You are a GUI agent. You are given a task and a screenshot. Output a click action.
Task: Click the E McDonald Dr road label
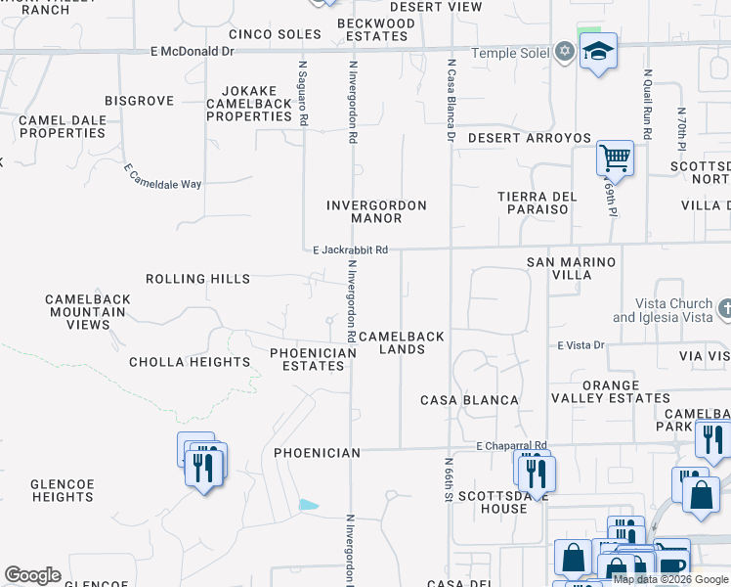tap(193, 51)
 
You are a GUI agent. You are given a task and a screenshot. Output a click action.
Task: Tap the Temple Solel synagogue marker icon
tap(565, 52)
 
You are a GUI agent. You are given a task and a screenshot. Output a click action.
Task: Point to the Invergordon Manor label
tap(376, 211)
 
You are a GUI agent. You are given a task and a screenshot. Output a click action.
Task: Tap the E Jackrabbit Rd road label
tap(350, 250)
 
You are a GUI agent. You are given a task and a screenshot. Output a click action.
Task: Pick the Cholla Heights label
tap(190, 362)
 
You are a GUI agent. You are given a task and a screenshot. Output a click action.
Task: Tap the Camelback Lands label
tap(402, 342)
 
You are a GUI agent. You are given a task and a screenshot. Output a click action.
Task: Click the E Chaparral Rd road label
tap(512, 446)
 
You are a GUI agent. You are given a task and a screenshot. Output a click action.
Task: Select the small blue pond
tap(309, 505)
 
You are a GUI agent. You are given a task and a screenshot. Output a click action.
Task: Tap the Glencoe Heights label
tap(62, 490)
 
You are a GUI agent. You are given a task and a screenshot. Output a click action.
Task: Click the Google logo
tap(31, 575)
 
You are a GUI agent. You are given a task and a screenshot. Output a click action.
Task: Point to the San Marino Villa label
tap(572, 268)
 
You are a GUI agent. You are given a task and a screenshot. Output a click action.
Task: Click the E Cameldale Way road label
tap(161, 176)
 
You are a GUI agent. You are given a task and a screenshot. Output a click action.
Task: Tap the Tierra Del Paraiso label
tap(533, 203)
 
